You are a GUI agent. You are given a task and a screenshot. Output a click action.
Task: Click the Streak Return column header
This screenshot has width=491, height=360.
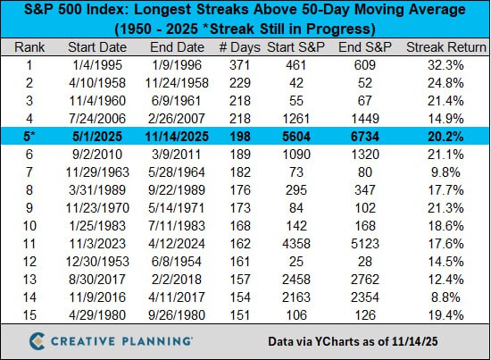[x=442, y=46]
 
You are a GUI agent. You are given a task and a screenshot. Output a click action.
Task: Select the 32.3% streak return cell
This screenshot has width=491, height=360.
[x=442, y=64]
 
